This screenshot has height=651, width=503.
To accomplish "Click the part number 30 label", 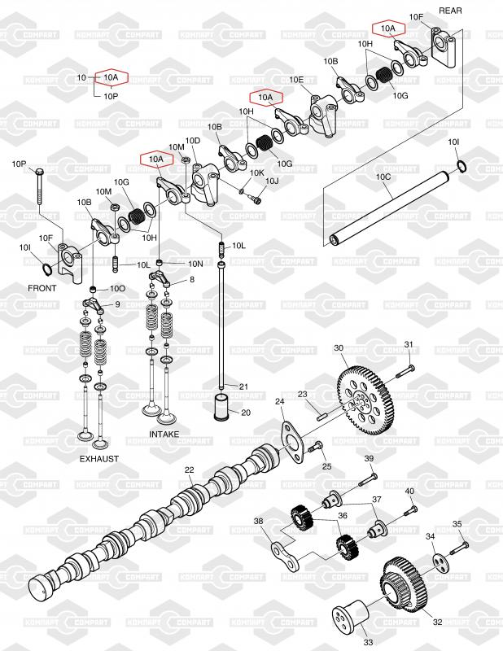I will [x=339, y=348].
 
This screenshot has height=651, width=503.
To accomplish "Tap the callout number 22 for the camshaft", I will [x=189, y=470].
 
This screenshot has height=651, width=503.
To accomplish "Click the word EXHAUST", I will [x=98, y=459].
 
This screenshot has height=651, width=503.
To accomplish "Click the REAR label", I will [x=450, y=10].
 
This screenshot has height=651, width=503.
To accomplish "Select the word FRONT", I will [x=42, y=288].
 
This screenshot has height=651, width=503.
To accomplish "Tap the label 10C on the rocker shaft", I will [x=383, y=176].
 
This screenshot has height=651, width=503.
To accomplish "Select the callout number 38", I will [x=258, y=522].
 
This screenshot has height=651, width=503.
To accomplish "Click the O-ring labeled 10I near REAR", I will [x=461, y=167].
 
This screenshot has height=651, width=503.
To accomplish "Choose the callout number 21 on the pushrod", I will [x=243, y=386].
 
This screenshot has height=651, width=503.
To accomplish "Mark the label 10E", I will [x=297, y=80].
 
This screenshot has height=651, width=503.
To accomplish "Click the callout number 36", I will [x=343, y=515].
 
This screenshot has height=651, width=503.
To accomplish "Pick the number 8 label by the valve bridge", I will [x=192, y=279].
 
